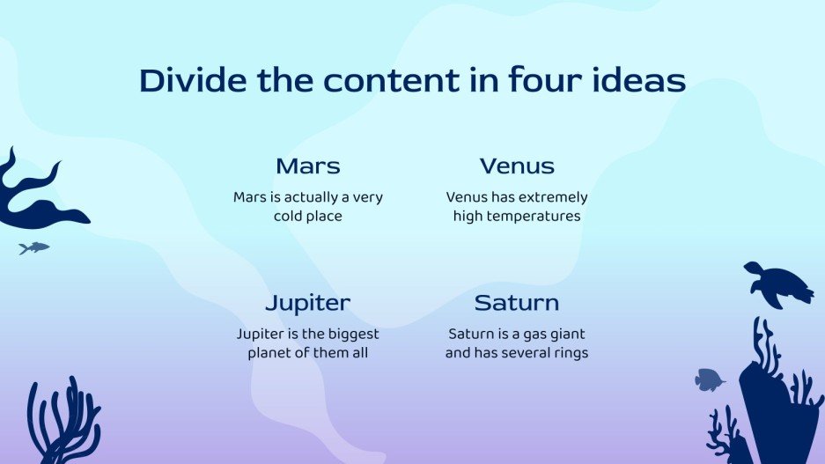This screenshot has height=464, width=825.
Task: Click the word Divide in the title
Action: pos(193,80)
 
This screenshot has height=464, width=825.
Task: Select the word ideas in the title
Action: pos(639,80)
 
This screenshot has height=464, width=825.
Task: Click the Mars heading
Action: pos(308,166)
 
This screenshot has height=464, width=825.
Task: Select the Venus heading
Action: pos(517,166)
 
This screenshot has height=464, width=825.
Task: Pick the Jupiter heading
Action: pos(308,304)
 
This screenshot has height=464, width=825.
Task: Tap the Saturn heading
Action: pos(517,303)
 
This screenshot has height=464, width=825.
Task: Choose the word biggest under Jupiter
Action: pos(351,335)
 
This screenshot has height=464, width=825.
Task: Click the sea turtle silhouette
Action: pos(778,284)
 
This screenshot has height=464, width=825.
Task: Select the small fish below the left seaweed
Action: pos(34,247)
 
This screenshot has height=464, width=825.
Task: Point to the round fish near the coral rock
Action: pos(710,379)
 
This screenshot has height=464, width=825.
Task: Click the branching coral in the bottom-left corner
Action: pos(64,421)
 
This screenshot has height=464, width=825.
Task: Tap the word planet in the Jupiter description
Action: pos(269,353)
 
